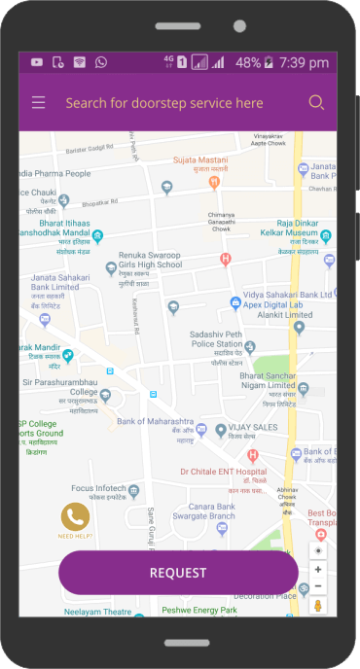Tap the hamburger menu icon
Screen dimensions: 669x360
coord(38,102)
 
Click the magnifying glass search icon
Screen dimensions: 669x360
coord(316,102)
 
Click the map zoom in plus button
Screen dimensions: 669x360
coord(318,569)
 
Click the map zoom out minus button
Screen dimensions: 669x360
coord(318,586)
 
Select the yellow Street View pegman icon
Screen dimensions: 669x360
coord(318,605)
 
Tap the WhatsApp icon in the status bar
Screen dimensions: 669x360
coord(100,62)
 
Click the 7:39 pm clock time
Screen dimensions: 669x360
coord(304,62)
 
